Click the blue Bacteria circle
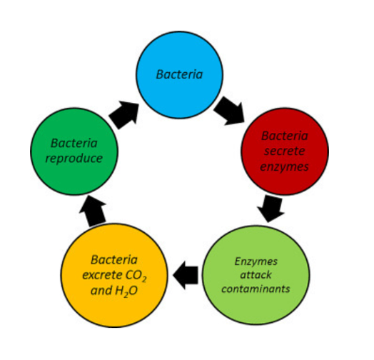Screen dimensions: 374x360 (180, 75)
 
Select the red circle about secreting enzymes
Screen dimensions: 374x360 (285, 151)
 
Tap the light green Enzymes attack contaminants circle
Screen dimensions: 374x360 (256, 275)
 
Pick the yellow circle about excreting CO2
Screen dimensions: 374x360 (114, 275)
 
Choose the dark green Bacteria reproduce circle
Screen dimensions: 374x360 (74, 151)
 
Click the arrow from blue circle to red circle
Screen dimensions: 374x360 (230, 111)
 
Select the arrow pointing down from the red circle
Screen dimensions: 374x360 (271, 209)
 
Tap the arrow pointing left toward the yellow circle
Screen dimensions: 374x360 (186, 275)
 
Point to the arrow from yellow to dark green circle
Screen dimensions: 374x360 (93, 211)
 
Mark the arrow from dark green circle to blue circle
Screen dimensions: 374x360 (124, 115)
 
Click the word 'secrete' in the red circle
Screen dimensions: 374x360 (285, 151)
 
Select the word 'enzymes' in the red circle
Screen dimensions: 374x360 (284, 167)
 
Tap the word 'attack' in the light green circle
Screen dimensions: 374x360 (256, 275)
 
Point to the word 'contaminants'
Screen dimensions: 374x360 (256, 289)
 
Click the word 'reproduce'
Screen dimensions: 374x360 (74, 159)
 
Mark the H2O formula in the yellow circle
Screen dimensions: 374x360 (126, 291)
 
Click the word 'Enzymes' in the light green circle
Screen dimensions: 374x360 (256, 261)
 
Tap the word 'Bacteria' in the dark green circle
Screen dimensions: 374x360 (74, 144)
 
